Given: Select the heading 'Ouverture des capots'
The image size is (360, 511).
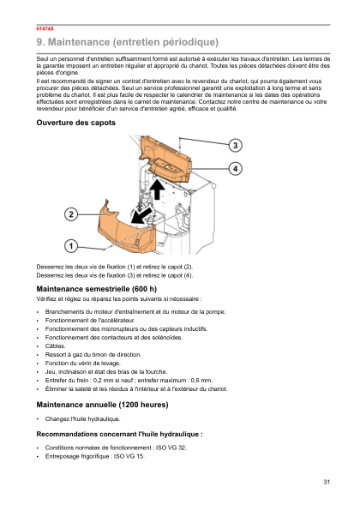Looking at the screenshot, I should click(x=75, y=123).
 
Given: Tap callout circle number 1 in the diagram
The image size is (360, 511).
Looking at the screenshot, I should click(x=72, y=245).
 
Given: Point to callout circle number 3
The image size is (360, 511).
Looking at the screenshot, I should click(x=234, y=145).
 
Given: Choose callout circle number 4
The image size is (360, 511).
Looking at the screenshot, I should click(x=234, y=169).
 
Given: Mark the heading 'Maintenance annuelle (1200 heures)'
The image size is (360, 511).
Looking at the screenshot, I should click(x=103, y=404).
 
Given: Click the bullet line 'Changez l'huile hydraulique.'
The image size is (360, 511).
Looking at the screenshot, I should click(x=83, y=419).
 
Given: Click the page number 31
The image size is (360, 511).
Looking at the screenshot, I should click(x=327, y=484).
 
